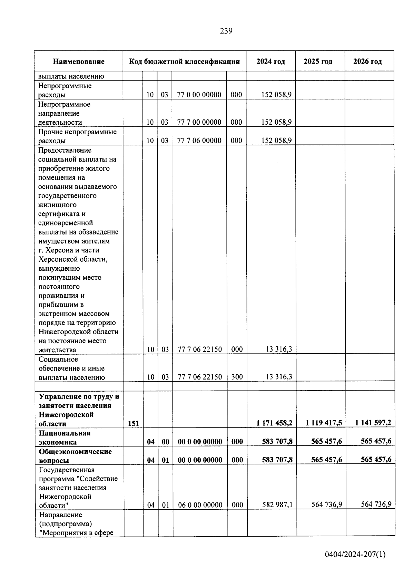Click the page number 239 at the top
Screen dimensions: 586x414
point(226,31)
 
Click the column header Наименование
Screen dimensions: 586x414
point(79,62)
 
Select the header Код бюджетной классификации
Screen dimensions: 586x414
point(184,62)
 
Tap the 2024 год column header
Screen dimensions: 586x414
point(270,62)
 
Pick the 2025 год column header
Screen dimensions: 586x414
point(318,62)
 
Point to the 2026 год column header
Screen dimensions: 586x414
point(367,62)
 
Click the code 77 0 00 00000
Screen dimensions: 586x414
point(199,95)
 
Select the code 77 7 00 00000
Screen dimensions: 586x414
point(199,122)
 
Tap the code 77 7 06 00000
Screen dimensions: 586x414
point(199,141)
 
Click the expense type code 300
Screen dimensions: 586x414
point(237,377)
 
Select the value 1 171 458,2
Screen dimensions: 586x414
point(274,423)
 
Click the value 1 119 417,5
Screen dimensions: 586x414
point(324,423)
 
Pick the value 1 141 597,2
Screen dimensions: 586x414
point(373,423)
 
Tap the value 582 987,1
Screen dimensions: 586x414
point(277,505)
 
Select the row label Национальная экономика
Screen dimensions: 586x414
point(65,438)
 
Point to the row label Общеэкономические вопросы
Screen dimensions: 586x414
point(75,456)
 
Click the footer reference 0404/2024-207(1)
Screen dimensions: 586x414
point(355,555)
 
